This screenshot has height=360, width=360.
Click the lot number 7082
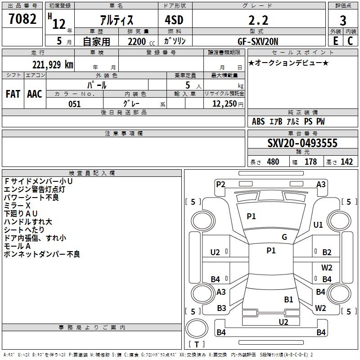(22, 19)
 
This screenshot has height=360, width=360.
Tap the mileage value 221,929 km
(53, 65)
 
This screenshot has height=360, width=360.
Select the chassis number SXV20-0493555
(302, 143)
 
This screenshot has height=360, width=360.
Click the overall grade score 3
(343, 21)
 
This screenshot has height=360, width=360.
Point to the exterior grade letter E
(336, 41)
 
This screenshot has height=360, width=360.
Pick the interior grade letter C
(350, 41)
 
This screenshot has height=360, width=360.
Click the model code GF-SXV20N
(258, 41)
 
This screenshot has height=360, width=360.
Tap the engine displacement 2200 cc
(141, 41)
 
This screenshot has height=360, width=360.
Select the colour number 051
(75, 104)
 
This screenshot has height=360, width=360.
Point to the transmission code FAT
(13, 94)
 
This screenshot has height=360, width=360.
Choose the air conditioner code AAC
(35, 94)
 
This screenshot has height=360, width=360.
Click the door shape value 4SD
(174, 20)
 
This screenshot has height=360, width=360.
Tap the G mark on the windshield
(284, 237)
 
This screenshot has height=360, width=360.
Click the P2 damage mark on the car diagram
(220, 184)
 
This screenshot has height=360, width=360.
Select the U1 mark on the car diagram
(318, 225)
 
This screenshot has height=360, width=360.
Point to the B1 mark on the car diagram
(288, 300)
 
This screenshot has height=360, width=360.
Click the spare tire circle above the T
(197, 328)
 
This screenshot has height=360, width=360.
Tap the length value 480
(273, 162)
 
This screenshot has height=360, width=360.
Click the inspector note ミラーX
(17, 206)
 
